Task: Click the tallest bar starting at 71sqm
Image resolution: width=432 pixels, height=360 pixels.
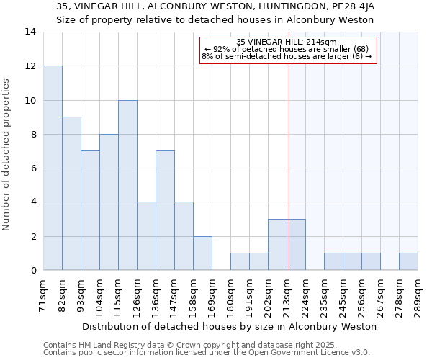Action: click(x=53, y=168)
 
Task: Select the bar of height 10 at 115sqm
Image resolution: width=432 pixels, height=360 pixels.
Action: click(x=127, y=185)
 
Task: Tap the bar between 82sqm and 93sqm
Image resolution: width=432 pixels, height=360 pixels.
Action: click(x=71, y=194)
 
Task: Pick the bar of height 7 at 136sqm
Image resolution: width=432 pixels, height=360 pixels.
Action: click(x=165, y=210)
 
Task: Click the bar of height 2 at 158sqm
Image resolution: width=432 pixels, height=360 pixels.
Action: click(x=202, y=253)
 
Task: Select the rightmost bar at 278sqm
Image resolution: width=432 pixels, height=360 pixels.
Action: click(x=408, y=261)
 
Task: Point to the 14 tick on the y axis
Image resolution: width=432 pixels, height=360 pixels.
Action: click(x=30, y=32)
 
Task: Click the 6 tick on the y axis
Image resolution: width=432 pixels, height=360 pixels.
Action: click(x=33, y=168)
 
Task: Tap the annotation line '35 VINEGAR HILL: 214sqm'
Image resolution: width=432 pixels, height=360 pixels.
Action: click(x=286, y=42)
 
